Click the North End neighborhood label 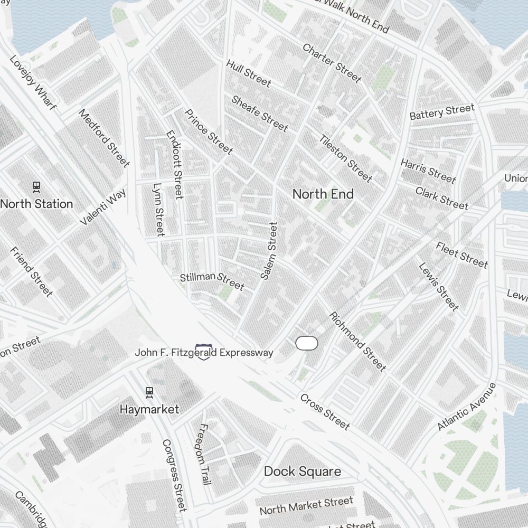pyautogui.click(x=323, y=194)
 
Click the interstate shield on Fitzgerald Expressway pyautogui.click(x=203, y=352)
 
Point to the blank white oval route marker pyautogui.click(x=306, y=343)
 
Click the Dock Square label pyautogui.click(x=302, y=472)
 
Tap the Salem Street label pyautogui.click(x=269, y=250)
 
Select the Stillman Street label pyautogui.click(x=212, y=281)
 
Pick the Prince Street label pyautogui.click(x=208, y=132)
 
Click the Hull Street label pyautogui.click(x=248, y=73)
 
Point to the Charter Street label pyautogui.click(x=332, y=63)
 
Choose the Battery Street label pyautogui.click(x=442, y=112)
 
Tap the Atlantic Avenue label pyautogui.click(x=467, y=407)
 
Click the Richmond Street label pyautogui.click(x=357, y=342)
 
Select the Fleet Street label pyautogui.click(x=461, y=254)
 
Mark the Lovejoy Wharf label pyautogui.click(x=33, y=82)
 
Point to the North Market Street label pyautogui.click(x=306, y=506)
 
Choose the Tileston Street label pyautogui.click(x=345, y=157)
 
